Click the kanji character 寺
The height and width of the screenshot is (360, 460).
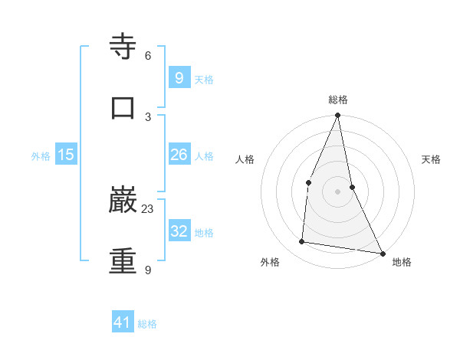pyautogui.click(x=123, y=47)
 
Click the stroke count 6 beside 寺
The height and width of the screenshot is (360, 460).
pyautogui.click(x=148, y=56)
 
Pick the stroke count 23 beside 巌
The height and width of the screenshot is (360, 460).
pyautogui.click(x=148, y=208)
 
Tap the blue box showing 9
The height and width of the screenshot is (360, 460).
pyautogui.click(x=179, y=78)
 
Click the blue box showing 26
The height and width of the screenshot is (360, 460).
pyautogui.click(x=179, y=155)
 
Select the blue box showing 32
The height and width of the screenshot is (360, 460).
pyautogui.click(x=179, y=231)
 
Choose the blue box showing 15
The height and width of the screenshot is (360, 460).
pyautogui.click(x=66, y=155)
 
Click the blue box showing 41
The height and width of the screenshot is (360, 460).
pyautogui.click(x=123, y=323)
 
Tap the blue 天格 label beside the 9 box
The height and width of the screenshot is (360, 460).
pyautogui.click(x=204, y=80)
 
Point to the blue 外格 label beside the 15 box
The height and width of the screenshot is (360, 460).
pyautogui.click(x=41, y=156)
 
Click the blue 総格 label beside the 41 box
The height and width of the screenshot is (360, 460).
pyautogui.click(x=147, y=325)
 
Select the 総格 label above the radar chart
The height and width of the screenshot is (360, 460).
pyautogui.click(x=338, y=100)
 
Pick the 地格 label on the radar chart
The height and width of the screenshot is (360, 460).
pyautogui.click(x=402, y=262)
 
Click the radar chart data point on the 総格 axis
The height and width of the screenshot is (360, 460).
pyautogui.click(x=338, y=116)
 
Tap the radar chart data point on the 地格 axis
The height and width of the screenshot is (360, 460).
pyautogui.click(x=382, y=253)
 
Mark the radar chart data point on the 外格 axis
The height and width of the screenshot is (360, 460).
pyautogui.click(x=301, y=242)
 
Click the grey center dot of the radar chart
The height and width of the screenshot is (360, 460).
pyautogui.click(x=338, y=191)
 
